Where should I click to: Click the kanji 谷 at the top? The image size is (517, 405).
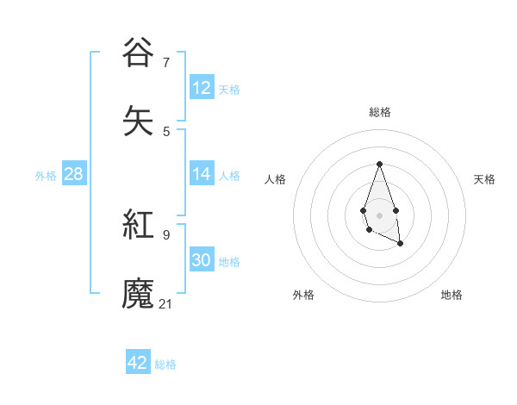(x=139, y=52)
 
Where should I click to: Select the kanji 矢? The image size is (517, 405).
(x=139, y=120)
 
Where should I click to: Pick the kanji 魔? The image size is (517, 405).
(x=139, y=293)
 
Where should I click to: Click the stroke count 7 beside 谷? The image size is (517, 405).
(x=166, y=63)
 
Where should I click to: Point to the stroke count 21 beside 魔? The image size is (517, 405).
(x=166, y=303)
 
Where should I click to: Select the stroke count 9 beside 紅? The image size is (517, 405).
(x=166, y=234)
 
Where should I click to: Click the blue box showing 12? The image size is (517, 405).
(x=202, y=88)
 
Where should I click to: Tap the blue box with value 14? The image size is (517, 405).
(x=202, y=174)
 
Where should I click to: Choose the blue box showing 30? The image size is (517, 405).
(x=202, y=260)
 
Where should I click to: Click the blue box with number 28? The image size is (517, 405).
(x=73, y=174)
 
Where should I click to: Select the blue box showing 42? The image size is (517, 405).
(x=138, y=363)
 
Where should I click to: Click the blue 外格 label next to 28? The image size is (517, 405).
(x=46, y=175)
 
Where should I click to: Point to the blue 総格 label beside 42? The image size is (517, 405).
(x=165, y=364)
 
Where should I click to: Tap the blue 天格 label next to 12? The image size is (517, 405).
(x=229, y=89)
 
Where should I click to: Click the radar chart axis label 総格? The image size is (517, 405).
(x=379, y=112)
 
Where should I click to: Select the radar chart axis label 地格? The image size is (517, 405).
(x=452, y=295)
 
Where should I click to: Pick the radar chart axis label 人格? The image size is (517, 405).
(x=275, y=179)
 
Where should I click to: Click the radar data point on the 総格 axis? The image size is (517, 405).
(x=379, y=164)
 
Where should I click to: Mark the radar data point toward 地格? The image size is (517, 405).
(x=401, y=244)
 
